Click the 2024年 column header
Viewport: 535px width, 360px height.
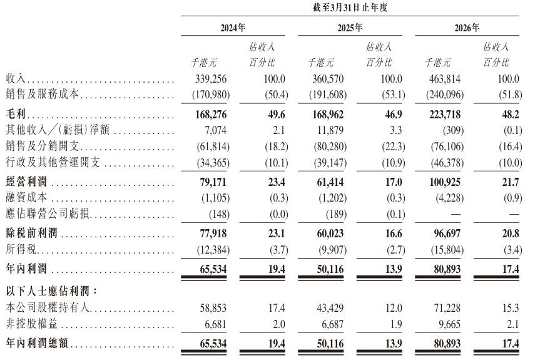pos(233,28)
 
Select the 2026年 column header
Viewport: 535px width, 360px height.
pos(467,28)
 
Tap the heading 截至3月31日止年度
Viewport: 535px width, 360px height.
pos(350,8)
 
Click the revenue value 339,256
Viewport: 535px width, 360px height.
pos(211,79)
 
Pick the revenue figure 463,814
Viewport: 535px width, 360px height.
pos(445,79)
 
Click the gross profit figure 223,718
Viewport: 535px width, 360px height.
pos(445,115)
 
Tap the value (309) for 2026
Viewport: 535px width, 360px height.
pos(452,130)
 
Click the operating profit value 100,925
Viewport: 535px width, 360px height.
pos(445,182)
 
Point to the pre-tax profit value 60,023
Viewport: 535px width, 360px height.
pos(330,234)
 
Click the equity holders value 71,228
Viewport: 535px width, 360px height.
pos(447,308)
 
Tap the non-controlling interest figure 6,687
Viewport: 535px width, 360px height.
pos(333,324)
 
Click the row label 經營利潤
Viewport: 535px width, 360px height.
pos(27,182)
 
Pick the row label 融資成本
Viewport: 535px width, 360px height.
pos(27,197)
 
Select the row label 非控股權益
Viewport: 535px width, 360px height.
pos(32,324)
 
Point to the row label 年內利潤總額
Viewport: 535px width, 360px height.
pos(37,343)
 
